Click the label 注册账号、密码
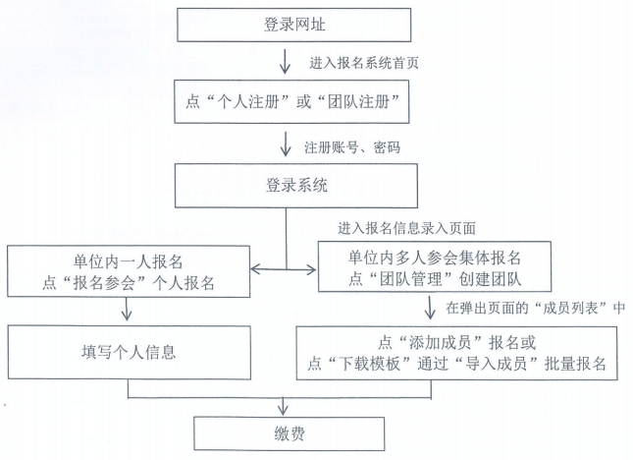350,147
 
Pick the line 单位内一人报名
129,260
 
